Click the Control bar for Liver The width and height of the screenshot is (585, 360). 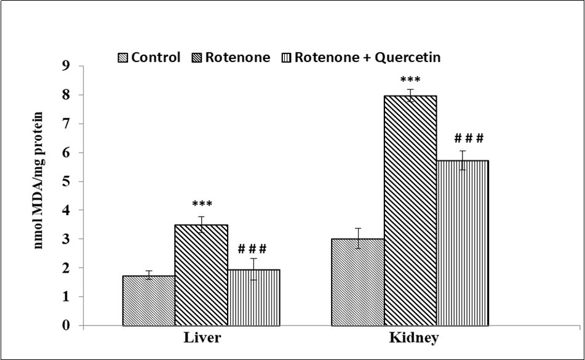click(149, 301)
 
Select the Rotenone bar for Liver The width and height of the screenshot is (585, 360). click(201, 275)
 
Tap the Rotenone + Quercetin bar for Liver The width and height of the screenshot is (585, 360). click(253, 298)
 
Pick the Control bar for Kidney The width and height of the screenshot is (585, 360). click(357, 282)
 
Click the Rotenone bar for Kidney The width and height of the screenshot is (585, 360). click(410, 210)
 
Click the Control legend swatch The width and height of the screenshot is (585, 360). click(121, 58)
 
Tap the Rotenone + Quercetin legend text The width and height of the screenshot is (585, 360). click(368, 58)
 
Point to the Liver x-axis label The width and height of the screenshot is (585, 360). click(201, 339)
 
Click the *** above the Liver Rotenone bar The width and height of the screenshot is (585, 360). click(201, 205)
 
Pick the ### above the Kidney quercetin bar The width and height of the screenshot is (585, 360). click(468, 138)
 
